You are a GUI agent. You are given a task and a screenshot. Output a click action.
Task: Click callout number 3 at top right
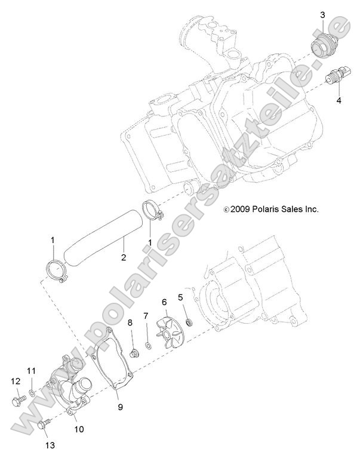click(322, 15)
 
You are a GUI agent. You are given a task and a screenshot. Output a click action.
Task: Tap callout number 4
click(339, 100)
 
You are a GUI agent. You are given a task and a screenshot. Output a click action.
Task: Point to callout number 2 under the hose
click(124, 257)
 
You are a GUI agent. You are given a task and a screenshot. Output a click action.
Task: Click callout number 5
click(180, 297)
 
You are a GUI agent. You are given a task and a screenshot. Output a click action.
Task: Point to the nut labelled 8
click(134, 353)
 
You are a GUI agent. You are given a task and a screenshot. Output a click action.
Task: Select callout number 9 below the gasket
click(120, 407)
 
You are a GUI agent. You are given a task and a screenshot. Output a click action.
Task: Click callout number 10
click(79, 429)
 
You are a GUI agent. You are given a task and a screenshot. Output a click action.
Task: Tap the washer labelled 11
click(32, 392)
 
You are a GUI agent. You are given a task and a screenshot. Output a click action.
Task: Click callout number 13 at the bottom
click(50, 445)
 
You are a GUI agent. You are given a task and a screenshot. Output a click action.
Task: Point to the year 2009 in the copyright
click(240, 209)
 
